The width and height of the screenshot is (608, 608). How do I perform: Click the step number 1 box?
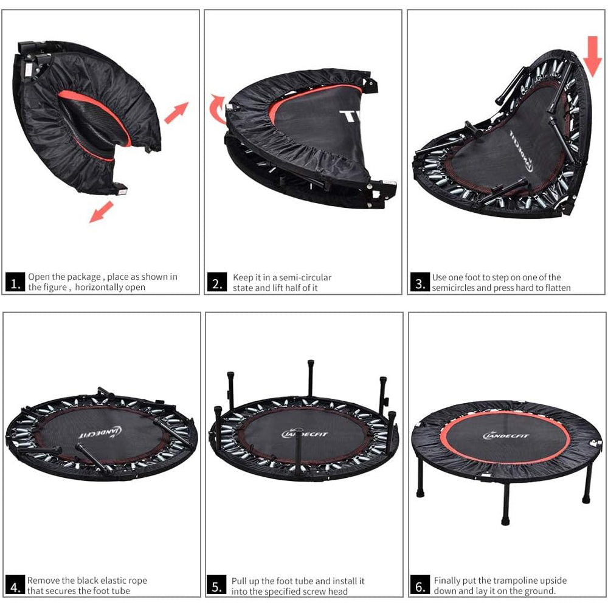click(x=15, y=282)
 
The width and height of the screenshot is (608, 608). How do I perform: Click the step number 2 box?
click(x=217, y=282)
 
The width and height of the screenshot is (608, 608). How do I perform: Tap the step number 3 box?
click(x=420, y=282)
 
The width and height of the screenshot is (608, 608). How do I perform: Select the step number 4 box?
click(x=15, y=586)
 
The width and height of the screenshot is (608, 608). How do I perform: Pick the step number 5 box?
click(x=216, y=586)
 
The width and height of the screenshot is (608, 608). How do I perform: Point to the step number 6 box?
click(x=420, y=586)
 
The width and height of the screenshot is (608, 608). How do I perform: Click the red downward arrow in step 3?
click(x=592, y=56)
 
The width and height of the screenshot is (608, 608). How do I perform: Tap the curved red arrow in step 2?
click(x=216, y=109)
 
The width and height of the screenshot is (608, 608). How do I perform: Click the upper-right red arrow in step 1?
click(x=176, y=112)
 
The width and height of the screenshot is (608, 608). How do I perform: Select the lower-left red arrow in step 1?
click(x=101, y=212)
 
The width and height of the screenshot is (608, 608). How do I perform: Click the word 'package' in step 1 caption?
click(x=84, y=277)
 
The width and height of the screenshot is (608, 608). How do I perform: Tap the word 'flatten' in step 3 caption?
click(x=557, y=288)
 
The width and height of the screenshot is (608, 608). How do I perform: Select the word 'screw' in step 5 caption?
click(x=314, y=592)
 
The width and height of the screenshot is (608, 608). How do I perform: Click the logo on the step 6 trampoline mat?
click(x=506, y=436)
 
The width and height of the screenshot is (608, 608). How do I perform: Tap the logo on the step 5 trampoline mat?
click(x=305, y=434)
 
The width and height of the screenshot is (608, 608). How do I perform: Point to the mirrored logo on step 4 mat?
click(x=100, y=432)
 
